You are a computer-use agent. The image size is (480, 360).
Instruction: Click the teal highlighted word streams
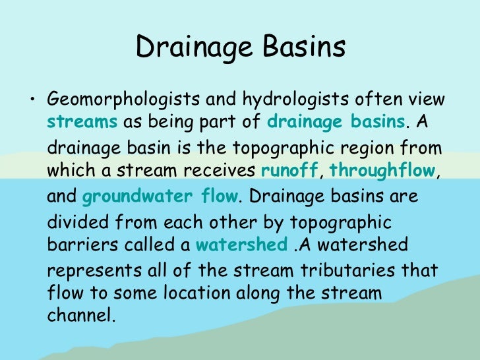point(82,122)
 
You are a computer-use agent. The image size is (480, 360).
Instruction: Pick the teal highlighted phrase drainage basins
point(336,122)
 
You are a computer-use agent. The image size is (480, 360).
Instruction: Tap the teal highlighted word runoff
point(289,171)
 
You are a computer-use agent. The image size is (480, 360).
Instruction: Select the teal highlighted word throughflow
point(382,171)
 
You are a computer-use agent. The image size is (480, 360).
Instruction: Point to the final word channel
point(81,315)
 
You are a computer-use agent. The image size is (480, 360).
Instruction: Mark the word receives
point(223,171)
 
